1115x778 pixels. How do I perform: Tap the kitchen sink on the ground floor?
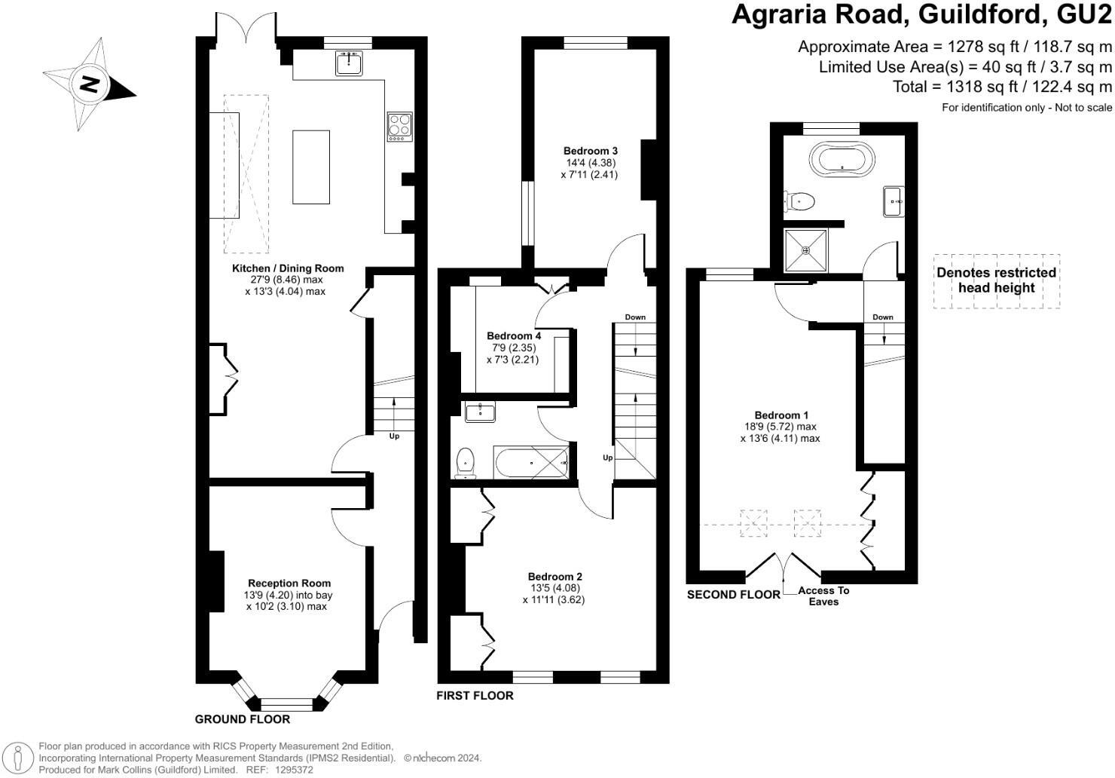point(349,63)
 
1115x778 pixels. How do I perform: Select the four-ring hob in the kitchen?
point(399,127)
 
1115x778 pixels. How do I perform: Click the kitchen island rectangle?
point(310,167)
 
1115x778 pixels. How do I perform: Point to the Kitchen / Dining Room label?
point(287,268)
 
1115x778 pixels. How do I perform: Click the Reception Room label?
point(289,583)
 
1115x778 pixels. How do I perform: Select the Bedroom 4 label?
point(514,335)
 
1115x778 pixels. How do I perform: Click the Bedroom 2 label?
point(554,577)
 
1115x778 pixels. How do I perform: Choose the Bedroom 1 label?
point(781,415)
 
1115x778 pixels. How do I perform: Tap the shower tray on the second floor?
point(806,250)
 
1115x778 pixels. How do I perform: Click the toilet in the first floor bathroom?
point(466,461)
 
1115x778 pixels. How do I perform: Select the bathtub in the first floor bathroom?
point(532,461)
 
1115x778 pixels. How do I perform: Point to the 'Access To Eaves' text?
point(823,596)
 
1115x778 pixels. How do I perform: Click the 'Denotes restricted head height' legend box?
point(996,280)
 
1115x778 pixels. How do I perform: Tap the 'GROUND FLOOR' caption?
point(243,719)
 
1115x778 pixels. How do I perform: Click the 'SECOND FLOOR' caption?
point(733,595)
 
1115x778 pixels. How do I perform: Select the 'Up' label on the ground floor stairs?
point(394,436)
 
